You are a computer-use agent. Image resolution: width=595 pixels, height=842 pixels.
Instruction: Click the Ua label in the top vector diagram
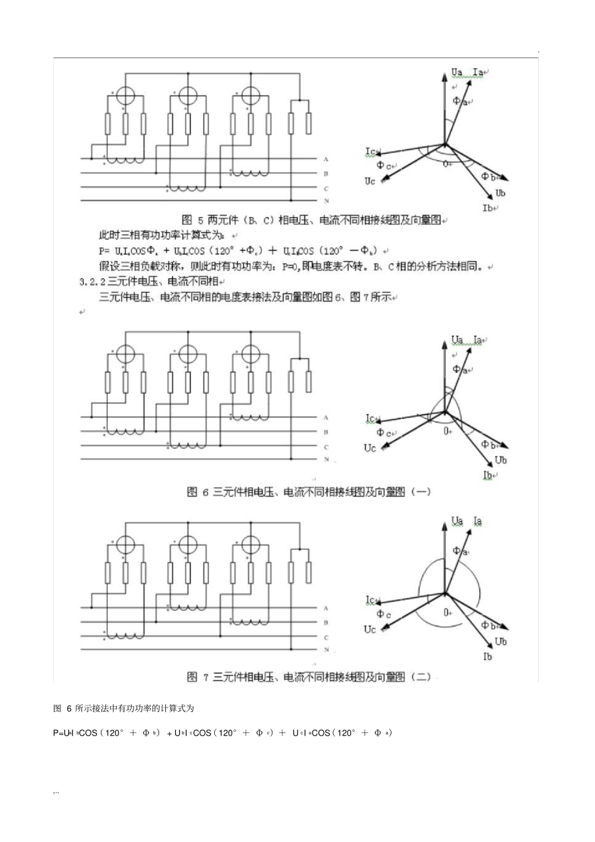457,73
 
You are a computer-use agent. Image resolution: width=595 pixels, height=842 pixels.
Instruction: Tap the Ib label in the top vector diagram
487,207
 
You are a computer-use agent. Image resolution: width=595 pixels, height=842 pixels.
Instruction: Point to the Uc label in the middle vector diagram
370,448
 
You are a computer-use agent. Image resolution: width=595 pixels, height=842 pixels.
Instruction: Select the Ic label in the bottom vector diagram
371,600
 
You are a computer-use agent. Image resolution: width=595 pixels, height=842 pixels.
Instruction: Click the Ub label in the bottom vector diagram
500,642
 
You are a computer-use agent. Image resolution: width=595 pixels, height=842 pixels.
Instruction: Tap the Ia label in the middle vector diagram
479,340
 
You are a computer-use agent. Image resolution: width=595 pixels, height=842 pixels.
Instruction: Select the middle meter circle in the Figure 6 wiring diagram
187,354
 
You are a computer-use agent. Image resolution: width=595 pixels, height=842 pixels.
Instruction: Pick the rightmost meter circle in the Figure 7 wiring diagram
250,545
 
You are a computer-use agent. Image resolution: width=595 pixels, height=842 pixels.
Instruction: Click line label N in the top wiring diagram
326,201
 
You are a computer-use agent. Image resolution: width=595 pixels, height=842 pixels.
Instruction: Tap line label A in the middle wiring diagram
326,418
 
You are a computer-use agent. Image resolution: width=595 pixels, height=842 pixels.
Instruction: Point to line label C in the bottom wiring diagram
326,637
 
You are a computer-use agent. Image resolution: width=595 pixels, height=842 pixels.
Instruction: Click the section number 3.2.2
93,281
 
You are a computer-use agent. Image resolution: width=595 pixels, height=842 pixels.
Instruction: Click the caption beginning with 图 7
309,677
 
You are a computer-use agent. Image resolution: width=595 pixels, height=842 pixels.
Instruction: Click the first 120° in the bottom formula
113,733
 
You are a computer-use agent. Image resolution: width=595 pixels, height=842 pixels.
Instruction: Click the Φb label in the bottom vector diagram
488,625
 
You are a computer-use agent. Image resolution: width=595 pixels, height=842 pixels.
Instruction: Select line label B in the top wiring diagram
326,174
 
